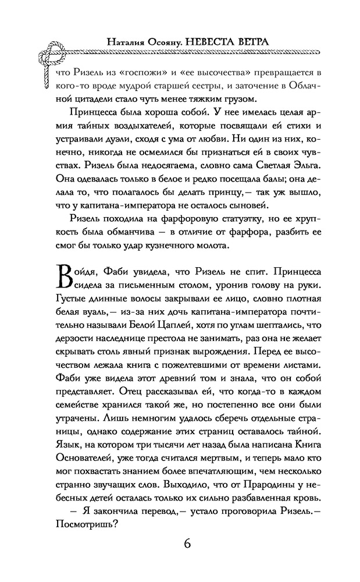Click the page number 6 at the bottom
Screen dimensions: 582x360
click(187, 544)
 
